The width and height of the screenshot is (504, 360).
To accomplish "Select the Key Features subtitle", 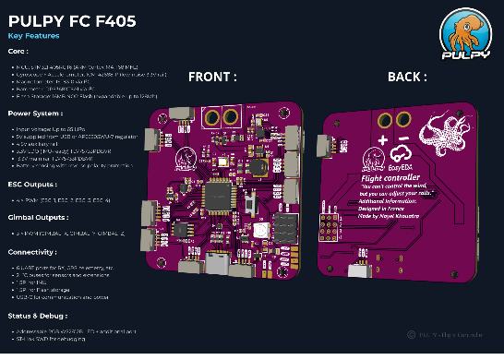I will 33,36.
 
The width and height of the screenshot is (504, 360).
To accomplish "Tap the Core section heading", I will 18,52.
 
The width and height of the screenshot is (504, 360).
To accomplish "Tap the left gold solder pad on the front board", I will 210,117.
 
